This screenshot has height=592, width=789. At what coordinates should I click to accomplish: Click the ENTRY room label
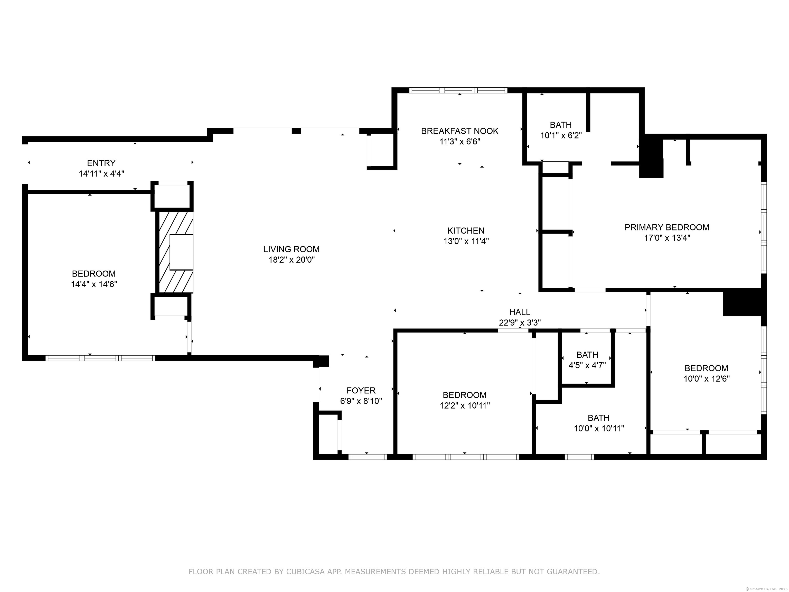(101, 163)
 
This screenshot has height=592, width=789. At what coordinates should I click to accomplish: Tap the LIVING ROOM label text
(292, 249)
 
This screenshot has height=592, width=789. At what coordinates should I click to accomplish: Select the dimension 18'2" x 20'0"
(292, 260)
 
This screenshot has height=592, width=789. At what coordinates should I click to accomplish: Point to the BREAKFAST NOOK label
(459, 131)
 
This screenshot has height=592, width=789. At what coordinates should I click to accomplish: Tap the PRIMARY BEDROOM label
(667, 227)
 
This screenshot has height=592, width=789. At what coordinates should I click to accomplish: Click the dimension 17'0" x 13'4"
(667, 238)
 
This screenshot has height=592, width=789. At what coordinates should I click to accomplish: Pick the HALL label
(519, 312)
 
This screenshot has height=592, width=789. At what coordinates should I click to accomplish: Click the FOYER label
(361, 390)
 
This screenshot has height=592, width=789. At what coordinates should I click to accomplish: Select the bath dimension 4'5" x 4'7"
(587, 365)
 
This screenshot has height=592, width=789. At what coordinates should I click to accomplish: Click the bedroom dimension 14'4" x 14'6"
(94, 284)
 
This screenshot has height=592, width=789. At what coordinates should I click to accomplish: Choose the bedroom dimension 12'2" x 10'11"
(464, 406)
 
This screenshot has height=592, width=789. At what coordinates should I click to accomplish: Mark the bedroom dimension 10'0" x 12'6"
(706, 379)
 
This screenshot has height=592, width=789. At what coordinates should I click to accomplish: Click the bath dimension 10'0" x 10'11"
(598, 429)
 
